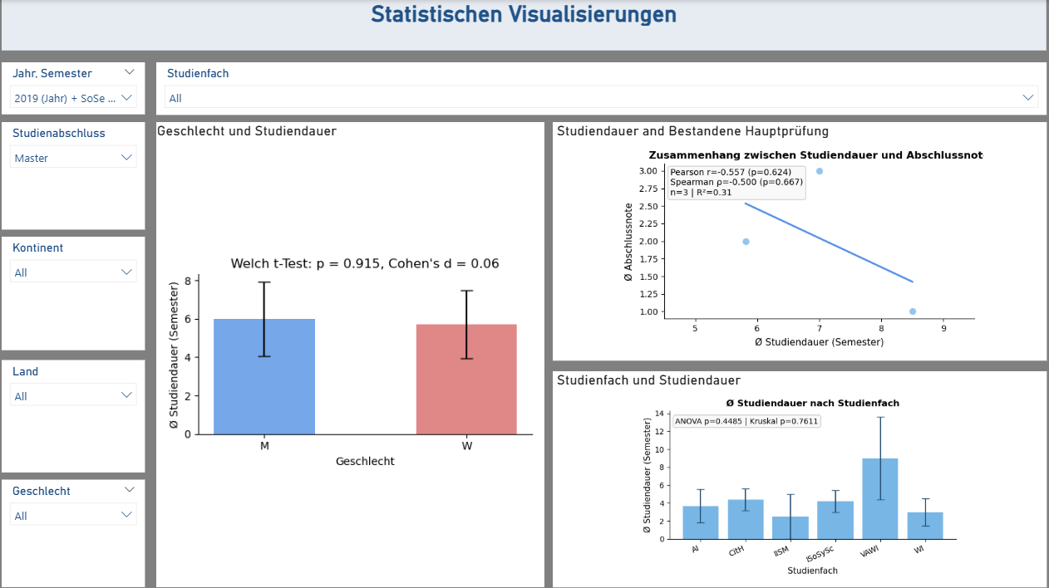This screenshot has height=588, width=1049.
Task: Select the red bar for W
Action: (466, 380)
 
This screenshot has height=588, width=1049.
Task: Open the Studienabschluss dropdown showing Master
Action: (73, 158)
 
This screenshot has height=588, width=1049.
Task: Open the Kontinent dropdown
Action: (73, 272)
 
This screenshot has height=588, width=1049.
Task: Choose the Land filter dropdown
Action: (73, 396)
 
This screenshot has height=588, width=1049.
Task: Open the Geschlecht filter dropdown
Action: (73, 516)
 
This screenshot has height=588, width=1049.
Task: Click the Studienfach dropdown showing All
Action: (602, 98)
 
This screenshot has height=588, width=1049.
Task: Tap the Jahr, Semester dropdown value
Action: (73, 98)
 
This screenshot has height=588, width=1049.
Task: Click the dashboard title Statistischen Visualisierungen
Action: (524, 15)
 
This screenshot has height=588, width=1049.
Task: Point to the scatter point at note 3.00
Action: (820, 171)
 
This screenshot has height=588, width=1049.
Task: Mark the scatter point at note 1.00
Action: (913, 311)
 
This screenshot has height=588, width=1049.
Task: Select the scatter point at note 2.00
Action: (746, 242)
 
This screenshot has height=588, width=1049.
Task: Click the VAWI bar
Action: (879, 498)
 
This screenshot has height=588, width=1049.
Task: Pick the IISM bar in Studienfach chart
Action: (790, 527)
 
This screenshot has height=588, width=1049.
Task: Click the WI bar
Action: (924, 525)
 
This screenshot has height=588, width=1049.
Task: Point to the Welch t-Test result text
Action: (364, 264)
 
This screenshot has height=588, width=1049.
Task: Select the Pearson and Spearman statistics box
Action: (736, 182)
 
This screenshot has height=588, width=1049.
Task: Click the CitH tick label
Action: (735, 551)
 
